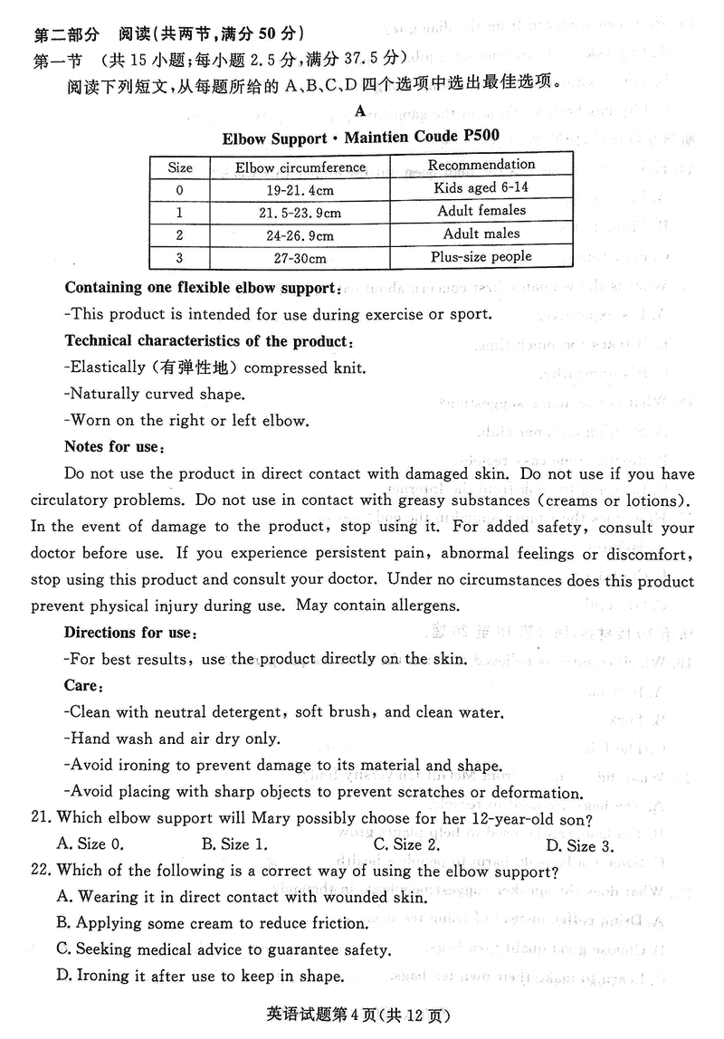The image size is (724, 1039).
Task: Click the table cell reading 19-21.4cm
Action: pyautogui.click(x=300, y=190)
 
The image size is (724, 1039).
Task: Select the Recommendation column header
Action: pyautogui.click(x=481, y=165)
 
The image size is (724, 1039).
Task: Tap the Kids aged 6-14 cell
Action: pyautogui.click(x=481, y=188)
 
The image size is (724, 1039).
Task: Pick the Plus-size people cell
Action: pyautogui.click(x=481, y=257)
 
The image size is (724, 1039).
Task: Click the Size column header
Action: pyautogui.click(x=180, y=167)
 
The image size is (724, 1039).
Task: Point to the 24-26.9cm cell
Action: pyautogui.click(x=300, y=235)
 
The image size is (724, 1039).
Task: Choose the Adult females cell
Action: pyautogui.click(x=481, y=211)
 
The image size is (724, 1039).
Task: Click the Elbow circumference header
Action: pyautogui.click(x=300, y=167)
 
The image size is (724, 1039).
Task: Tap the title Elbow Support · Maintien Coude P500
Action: pyautogui.click(x=360, y=138)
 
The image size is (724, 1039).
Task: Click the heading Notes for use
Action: pyautogui.click(x=114, y=446)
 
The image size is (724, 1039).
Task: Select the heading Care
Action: pyautogui.click(x=82, y=685)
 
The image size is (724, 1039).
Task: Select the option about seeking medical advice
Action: pyautogui.click(x=224, y=949)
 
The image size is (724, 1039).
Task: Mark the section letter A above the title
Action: pyautogui.click(x=360, y=111)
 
